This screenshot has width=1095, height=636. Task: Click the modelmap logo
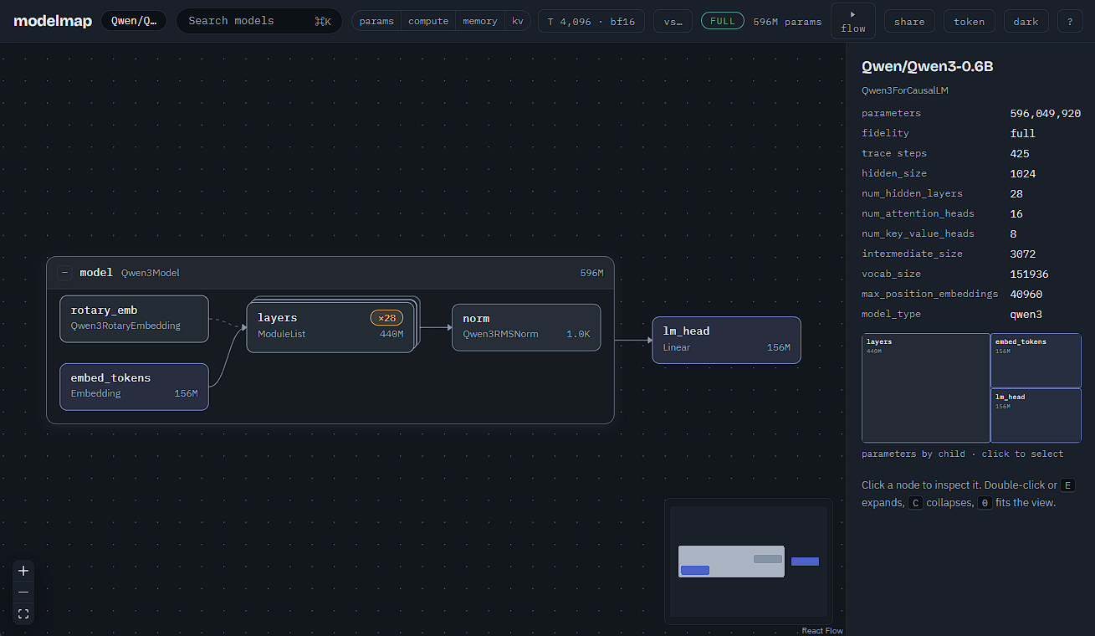click(53, 21)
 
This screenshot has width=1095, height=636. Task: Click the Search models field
click(259, 21)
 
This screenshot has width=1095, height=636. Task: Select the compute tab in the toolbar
click(428, 21)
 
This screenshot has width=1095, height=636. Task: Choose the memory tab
click(480, 21)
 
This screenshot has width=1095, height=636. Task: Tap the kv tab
click(518, 21)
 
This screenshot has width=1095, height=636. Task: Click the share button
click(909, 22)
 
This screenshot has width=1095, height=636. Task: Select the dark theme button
click(1026, 22)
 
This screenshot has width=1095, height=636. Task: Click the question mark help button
click(1070, 22)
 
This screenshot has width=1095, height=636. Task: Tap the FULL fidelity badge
click(723, 21)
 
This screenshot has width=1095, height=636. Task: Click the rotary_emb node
click(134, 319)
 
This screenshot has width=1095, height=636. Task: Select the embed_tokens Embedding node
click(134, 387)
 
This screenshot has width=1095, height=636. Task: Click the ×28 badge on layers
click(386, 318)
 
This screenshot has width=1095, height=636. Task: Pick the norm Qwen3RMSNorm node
click(526, 327)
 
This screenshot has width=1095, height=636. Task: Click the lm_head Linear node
click(726, 341)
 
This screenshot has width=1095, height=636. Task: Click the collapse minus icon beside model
click(64, 273)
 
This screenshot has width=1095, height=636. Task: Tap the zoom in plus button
click(23, 571)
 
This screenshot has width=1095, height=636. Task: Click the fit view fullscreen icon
click(23, 614)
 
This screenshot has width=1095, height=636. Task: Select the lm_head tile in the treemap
click(1036, 415)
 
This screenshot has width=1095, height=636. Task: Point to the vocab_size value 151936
click(1029, 274)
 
